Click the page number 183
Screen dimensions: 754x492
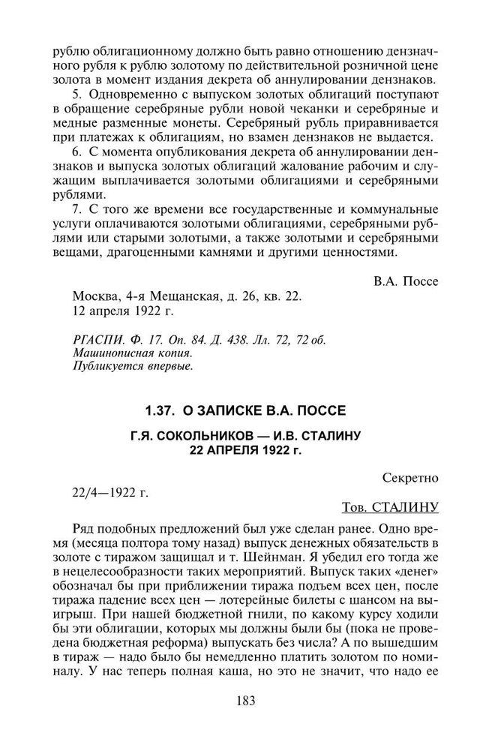[245, 701]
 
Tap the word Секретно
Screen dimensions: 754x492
[409, 477]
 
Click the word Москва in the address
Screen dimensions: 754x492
[97, 296]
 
